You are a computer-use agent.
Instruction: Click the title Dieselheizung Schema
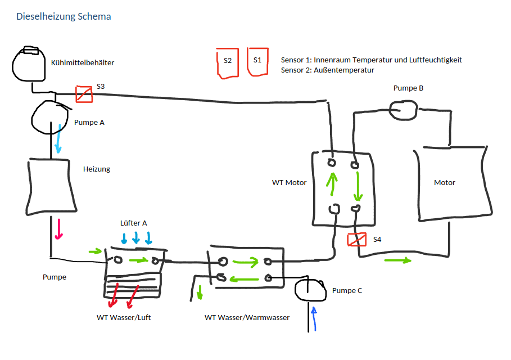tap(64, 16)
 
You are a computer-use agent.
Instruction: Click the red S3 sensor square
tap(84, 93)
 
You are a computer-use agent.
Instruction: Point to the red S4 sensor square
tap(357, 240)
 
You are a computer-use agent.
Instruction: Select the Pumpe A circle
tap(49, 116)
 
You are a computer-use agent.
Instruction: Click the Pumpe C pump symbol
tap(310, 290)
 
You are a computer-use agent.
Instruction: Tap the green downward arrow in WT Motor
tap(356, 187)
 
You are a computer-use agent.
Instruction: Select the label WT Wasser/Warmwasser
tap(247, 318)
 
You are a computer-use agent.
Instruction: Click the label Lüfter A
tap(134, 223)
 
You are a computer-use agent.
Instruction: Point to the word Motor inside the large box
tap(445, 183)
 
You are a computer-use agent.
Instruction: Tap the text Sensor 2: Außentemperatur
tap(327, 70)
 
